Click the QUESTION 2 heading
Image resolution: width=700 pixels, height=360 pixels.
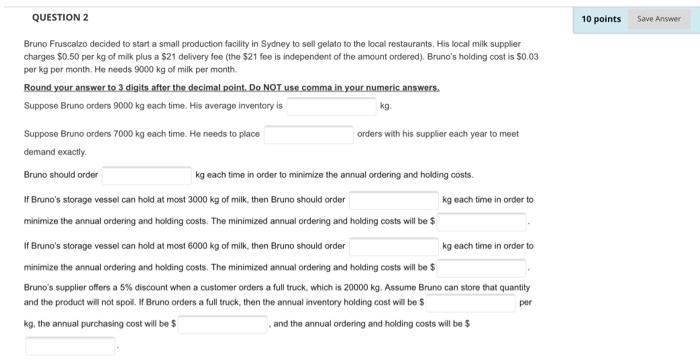[x=60, y=18]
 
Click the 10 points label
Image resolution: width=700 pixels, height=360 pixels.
[x=602, y=19]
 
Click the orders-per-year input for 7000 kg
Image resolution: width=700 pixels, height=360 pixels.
[x=308, y=134]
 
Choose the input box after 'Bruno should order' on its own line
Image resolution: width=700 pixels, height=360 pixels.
[x=146, y=175]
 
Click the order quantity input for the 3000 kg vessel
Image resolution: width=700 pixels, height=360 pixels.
[x=393, y=200]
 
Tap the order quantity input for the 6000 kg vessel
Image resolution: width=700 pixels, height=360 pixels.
[x=393, y=245]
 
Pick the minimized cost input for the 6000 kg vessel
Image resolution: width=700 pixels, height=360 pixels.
[x=483, y=268]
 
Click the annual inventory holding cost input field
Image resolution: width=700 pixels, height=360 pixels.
[x=470, y=301]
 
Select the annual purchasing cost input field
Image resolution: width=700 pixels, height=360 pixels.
[x=222, y=324]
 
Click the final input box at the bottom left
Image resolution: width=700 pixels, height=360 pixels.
[x=70, y=347]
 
